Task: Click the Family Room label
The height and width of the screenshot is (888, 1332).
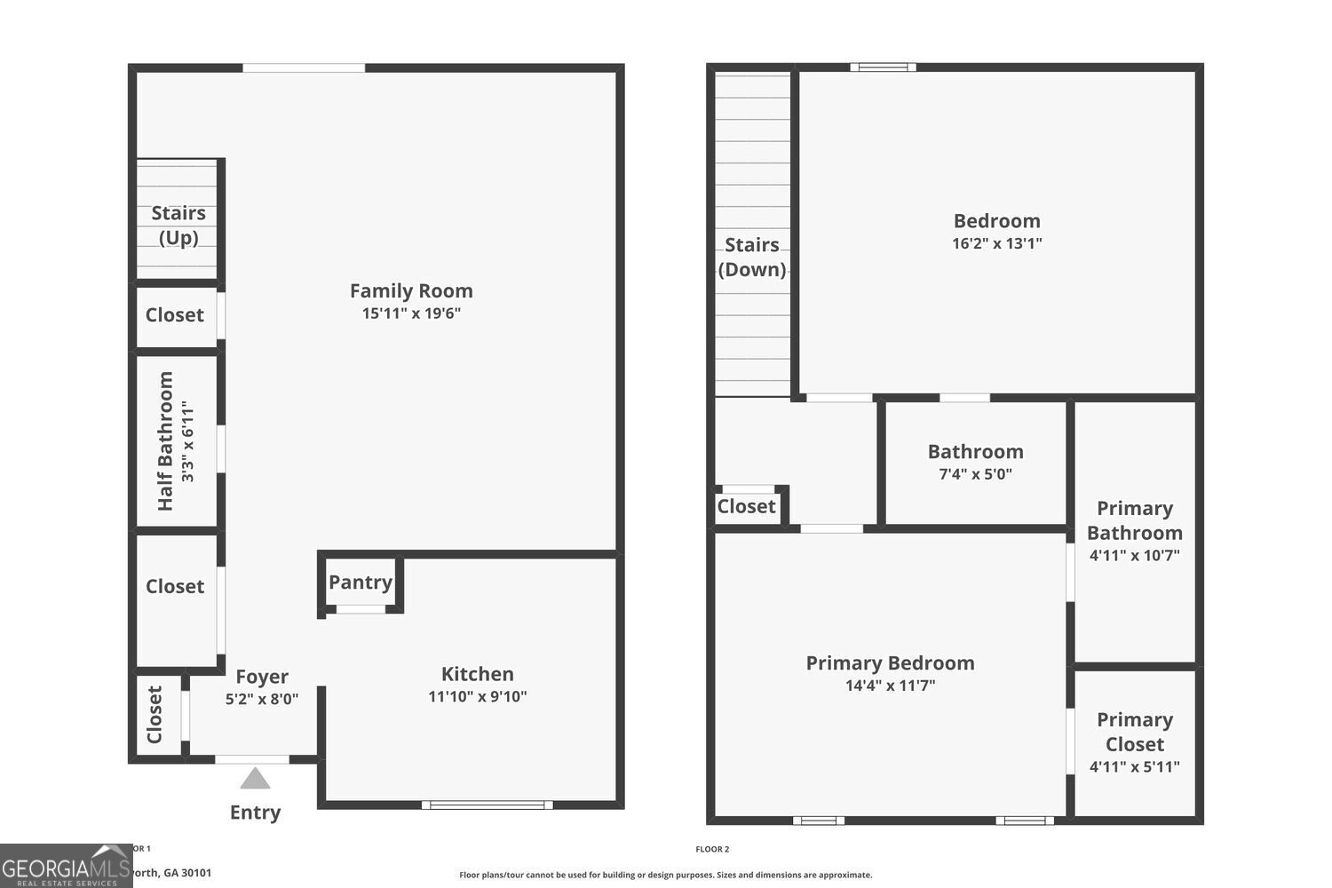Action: click(411, 290)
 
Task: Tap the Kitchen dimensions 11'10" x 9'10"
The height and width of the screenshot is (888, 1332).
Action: click(478, 696)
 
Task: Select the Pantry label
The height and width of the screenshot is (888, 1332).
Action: click(361, 583)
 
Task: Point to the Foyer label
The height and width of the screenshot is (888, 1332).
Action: click(262, 677)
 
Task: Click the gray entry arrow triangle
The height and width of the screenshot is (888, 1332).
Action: click(255, 779)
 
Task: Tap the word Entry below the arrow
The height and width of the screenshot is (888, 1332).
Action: click(255, 812)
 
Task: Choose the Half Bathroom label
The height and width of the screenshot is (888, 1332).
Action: click(165, 441)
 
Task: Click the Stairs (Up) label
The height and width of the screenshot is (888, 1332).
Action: click(178, 225)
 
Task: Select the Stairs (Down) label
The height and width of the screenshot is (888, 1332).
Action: click(752, 257)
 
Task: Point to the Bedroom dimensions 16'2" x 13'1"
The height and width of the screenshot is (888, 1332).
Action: click(996, 243)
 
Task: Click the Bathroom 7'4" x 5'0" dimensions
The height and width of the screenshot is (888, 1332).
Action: click(975, 474)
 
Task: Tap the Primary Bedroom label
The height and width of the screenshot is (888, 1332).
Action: click(890, 662)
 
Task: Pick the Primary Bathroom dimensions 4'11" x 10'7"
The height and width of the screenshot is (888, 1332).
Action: click(1134, 556)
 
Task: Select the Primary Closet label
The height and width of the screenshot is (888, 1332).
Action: click(1134, 732)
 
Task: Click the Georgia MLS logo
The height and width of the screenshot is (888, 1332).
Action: click(66, 867)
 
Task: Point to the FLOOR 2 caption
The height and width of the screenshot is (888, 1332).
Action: click(712, 849)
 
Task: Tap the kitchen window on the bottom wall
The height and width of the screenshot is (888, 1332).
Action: click(487, 805)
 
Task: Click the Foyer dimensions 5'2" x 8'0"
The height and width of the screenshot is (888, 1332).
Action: click(262, 699)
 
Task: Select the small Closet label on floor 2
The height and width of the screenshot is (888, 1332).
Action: click(746, 506)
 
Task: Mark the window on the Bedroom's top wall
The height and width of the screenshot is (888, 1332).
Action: click(883, 67)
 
